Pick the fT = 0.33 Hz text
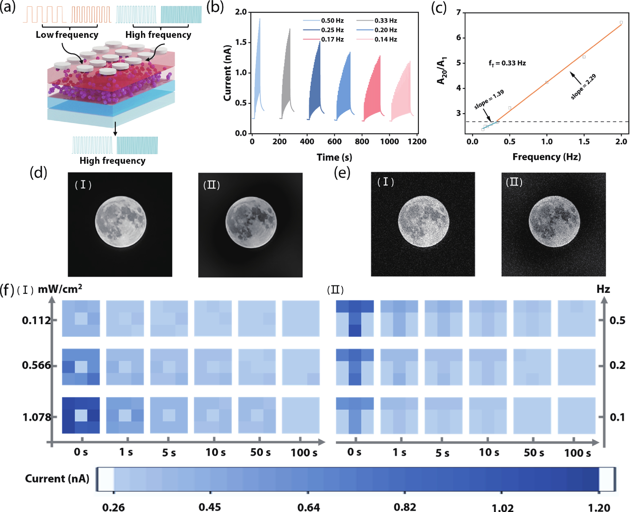point(507,63)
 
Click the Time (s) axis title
point(334,157)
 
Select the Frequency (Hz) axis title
point(547,157)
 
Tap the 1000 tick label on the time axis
point(389,142)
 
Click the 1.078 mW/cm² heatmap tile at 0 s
point(81,415)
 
